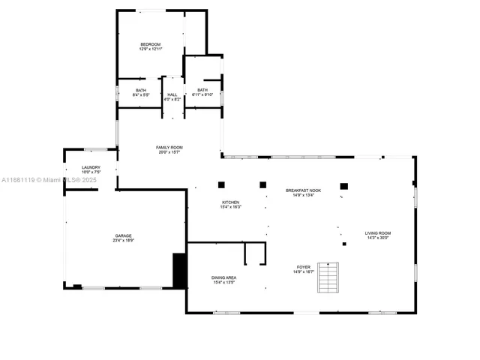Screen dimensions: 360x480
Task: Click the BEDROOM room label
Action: coord(151,45)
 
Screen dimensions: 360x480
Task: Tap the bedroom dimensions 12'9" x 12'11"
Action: coord(151,50)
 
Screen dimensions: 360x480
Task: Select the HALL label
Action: coord(172,94)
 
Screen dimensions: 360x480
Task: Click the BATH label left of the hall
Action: coord(140,91)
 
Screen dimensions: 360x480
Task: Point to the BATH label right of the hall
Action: coord(202,90)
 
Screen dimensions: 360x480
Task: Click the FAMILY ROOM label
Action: coord(169,147)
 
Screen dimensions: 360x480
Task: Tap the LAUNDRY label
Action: coord(91,167)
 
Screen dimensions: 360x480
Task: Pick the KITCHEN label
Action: coord(230,202)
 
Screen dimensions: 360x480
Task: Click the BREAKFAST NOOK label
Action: coord(303,190)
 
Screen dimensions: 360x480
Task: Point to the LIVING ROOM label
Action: coord(378,233)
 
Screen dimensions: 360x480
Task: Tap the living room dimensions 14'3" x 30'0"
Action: coord(378,238)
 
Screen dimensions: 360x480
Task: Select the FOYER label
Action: coord(304,266)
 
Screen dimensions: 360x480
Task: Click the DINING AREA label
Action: coord(224,277)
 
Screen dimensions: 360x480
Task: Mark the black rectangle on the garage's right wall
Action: coord(179,270)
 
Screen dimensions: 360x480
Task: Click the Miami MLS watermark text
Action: coord(45,180)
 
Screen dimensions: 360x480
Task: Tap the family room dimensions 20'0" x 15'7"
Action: coord(169,152)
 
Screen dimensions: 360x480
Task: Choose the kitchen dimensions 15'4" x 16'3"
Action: coord(230,207)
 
